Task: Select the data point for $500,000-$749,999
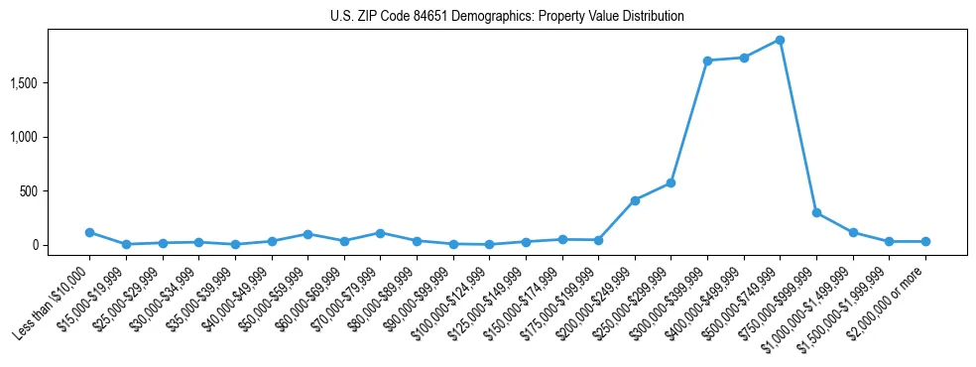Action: coord(781,41)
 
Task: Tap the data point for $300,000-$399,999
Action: coord(707,61)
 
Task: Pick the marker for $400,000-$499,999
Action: coord(744,58)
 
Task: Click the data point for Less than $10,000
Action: coord(89,232)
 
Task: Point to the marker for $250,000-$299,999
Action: coord(671,183)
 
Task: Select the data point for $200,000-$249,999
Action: coord(635,200)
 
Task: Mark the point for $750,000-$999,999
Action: coord(816,212)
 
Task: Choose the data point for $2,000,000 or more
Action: coord(925,241)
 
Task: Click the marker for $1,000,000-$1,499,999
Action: coord(853,232)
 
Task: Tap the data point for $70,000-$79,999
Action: coord(380,233)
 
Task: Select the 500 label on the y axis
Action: coord(56,190)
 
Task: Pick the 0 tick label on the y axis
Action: coord(61,245)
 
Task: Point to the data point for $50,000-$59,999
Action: coord(307,234)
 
